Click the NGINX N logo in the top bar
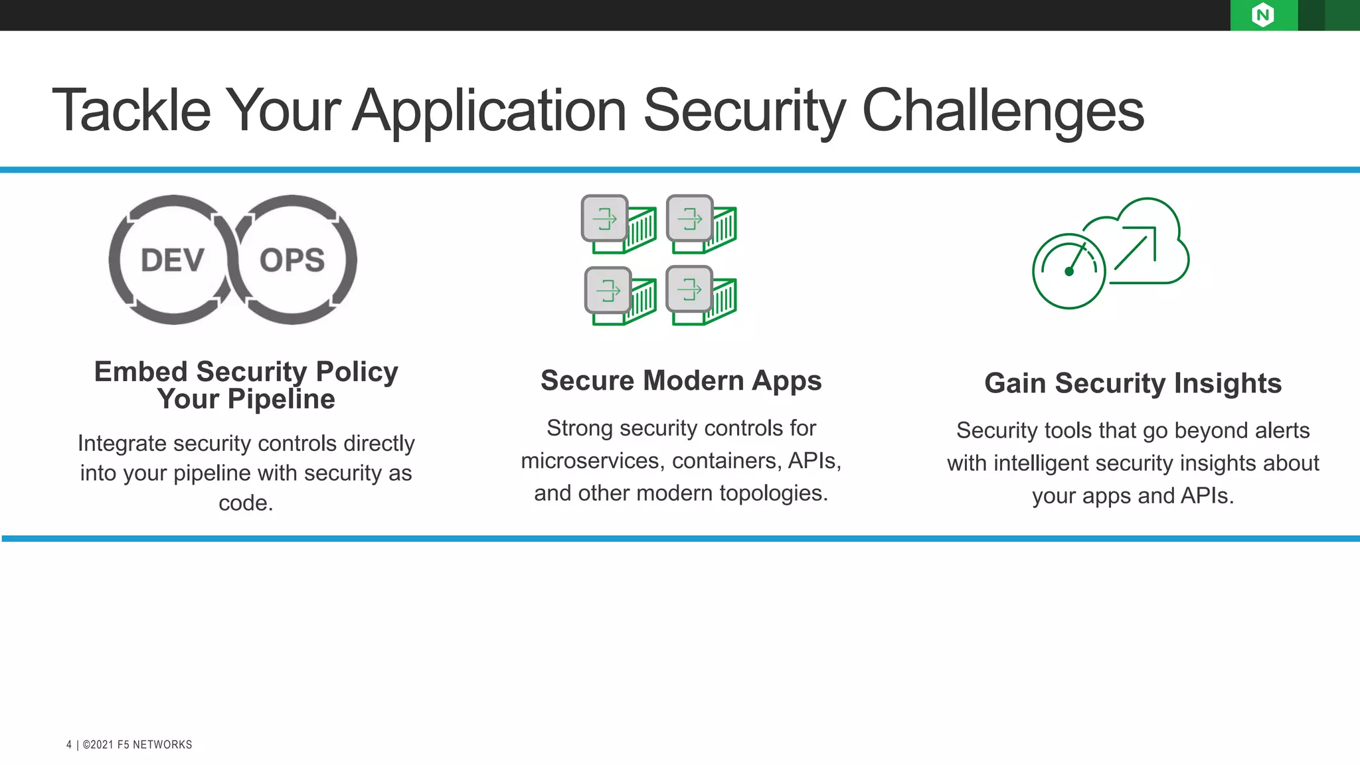pos(1262,15)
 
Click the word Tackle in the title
pos(131,110)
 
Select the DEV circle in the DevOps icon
pos(173,260)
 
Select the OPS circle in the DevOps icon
pos(292,260)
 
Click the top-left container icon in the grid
pos(618,224)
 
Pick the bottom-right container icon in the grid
pos(701,296)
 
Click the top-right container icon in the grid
pos(701,224)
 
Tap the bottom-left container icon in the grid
pos(620,296)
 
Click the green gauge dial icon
pos(1068,271)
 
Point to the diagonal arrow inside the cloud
pos(1136,248)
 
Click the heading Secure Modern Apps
pos(681,381)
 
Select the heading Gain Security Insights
pos(1133,383)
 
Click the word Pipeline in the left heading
pos(281,400)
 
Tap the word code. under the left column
pos(246,503)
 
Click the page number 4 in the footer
pos(69,745)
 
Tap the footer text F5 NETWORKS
pos(155,745)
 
